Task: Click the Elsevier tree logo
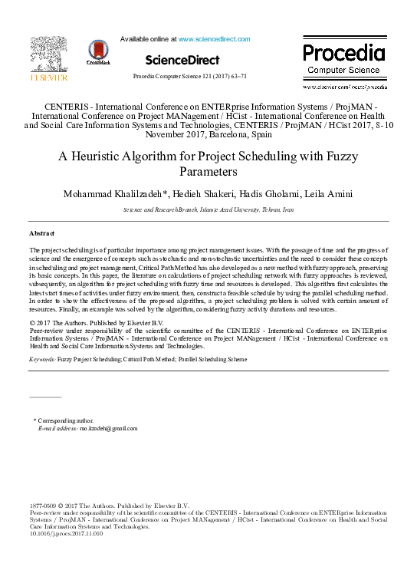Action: (48, 56)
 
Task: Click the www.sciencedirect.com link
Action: (214, 38)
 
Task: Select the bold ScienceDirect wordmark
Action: (182, 60)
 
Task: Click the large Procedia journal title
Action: (343, 53)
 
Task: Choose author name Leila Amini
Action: (332, 193)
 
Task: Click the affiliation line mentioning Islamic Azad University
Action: (208, 209)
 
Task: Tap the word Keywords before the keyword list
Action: (41, 359)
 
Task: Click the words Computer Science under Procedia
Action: (343, 70)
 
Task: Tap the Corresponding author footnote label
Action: (65, 420)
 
